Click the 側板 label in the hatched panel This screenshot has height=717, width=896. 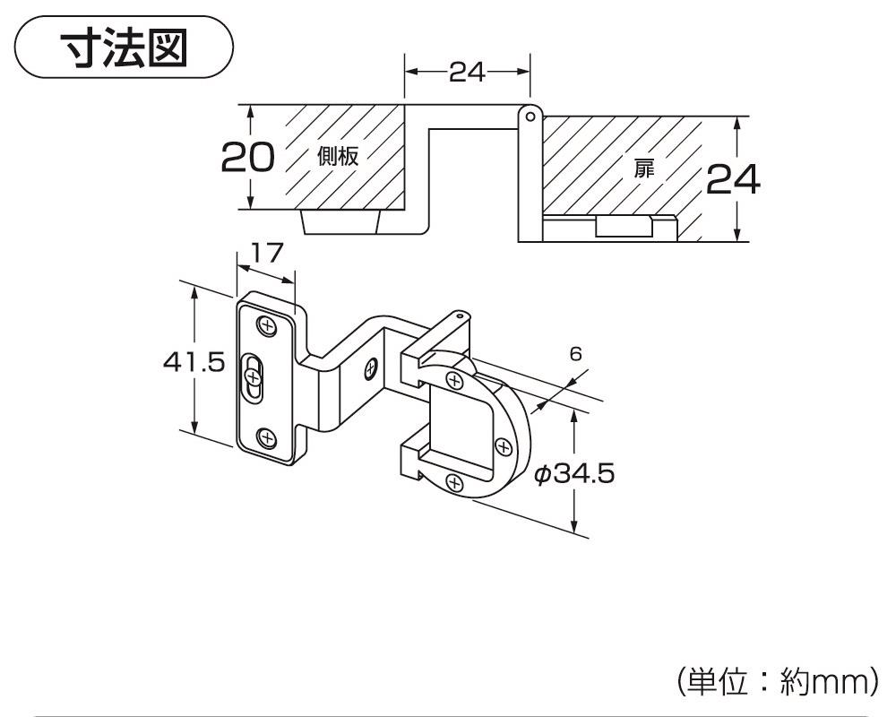[x=338, y=157]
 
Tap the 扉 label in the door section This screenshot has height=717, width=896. [x=644, y=168]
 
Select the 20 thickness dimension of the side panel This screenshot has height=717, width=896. [x=247, y=158]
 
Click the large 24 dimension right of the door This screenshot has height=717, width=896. [x=733, y=180]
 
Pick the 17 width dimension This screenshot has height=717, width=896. [x=266, y=255]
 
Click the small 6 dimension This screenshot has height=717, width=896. [x=575, y=354]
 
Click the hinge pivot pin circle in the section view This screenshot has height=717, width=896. [x=530, y=116]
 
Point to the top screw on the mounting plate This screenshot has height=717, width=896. [x=267, y=325]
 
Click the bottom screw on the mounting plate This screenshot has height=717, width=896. [x=266, y=437]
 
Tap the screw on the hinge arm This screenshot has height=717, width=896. [x=371, y=367]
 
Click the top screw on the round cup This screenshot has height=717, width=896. [x=457, y=381]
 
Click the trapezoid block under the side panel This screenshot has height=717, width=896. [x=340, y=221]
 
